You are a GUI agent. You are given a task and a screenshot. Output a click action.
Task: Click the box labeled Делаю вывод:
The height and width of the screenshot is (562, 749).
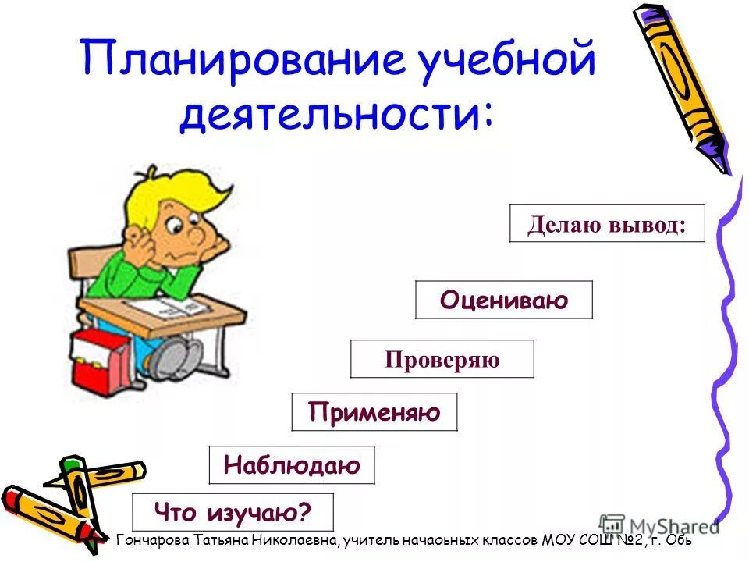(x=607, y=224)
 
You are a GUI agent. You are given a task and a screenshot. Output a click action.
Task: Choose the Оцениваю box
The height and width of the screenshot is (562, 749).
(x=503, y=300)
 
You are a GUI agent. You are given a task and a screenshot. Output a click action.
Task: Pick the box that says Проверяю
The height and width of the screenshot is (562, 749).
(x=442, y=359)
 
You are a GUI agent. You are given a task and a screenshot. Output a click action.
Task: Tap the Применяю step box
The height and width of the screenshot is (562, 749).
(x=374, y=411)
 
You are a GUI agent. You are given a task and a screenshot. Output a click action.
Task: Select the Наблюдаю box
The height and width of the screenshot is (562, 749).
(x=292, y=465)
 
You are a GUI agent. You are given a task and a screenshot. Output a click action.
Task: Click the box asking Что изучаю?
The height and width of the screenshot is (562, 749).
(x=233, y=513)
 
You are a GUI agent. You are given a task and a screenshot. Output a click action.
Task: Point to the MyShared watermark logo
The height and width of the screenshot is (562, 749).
(x=659, y=525)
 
